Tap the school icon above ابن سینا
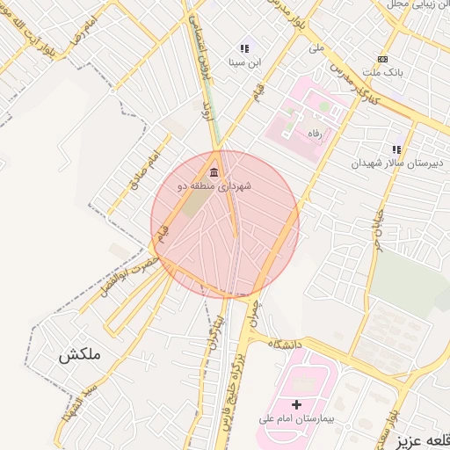243,49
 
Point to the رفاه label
312,132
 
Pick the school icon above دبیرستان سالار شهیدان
396,149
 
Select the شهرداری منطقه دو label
214,185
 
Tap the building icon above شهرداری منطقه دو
214,171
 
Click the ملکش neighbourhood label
81,355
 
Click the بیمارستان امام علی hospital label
295,418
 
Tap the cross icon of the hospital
295,404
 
